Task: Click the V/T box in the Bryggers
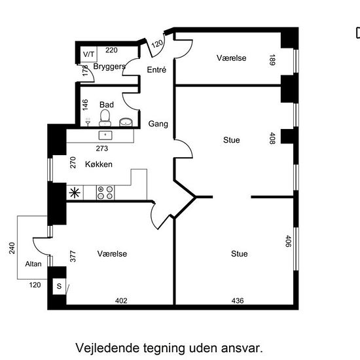pyautogui.click(x=88, y=54)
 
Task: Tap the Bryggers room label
pyautogui.click(x=109, y=67)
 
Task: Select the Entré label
pyautogui.click(x=156, y=69)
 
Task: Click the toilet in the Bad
pyautogui.click(x=105, y=118)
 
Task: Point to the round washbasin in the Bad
pyautogui.click(x=126, y=122)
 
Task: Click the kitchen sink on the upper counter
pyautogui.click(x=105, y=135)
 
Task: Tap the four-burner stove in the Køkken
pyautogui.click(x=105, y=192)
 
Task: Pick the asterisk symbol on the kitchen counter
pyautogui.click(x=75, y=192)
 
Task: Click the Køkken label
pyautogui.click(x=99, y=164)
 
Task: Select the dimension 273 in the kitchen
pyautogui.click(x=102, y=149)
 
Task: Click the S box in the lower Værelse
pyautogui.click(x=59, y=286)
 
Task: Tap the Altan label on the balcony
pyautogui.click(x=33, y=264)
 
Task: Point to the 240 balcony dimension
pyautogui.click(x=12, y=248)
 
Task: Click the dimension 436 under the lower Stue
pyautogui.click(x=238, y=300)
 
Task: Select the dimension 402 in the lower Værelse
pyautogui.click(x=121, y=300)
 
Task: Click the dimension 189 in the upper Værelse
pyautogui.click(x=272, y=60)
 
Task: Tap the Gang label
pyautogui.click(x=158, y=124)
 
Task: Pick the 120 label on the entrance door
pyautogui.click(x=158, y=43)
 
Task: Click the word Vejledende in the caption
pyautogui.click(x=107, y=348)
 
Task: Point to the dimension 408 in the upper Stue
pyautogui.click(x=272, y=138)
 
